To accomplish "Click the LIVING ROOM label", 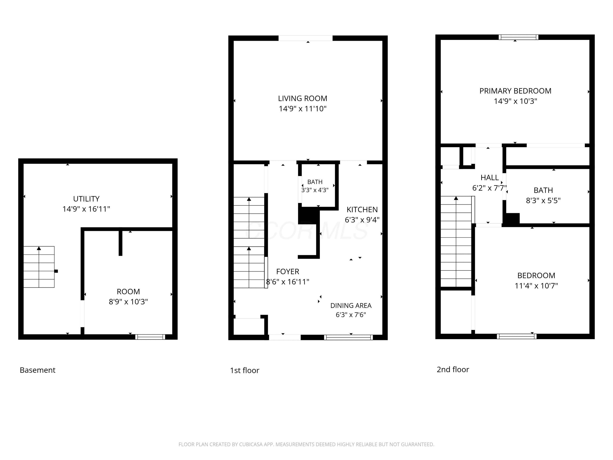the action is (x=303, y=98).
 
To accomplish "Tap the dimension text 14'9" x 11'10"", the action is (x=303, y=109).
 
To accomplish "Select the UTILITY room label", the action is (x=86, y=199).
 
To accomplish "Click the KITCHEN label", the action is (x=362, y=210).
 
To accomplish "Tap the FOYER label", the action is (x=288, y=272).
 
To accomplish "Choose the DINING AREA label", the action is (x=351, y=306).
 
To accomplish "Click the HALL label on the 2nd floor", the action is (x=490, y=177).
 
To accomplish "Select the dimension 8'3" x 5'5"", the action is (x=543, y=201).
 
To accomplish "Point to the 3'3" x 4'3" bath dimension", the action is (x=315, y=190).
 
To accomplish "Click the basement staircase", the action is (x=39, y=267).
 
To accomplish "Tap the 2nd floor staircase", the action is (x=456, y=241).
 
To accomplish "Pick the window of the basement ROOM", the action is (x=150, y=337).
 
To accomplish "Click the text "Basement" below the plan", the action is (x=38, y=370).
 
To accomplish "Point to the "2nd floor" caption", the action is (x=453, y=369).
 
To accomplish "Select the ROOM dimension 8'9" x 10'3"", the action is (x=128, y=302).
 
